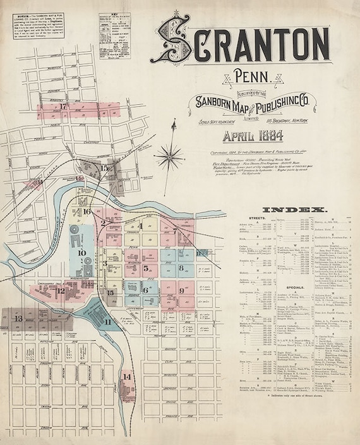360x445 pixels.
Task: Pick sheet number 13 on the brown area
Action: click(x=18, y=318)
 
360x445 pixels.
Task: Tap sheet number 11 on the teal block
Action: click(x=107, y=322)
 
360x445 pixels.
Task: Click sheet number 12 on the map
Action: click(x=61, y=291)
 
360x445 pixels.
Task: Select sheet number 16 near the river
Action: click(x=87, y=212)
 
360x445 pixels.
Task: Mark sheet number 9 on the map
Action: click(x=182, y=291)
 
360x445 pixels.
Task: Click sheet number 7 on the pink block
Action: click(x=175, y=231)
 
